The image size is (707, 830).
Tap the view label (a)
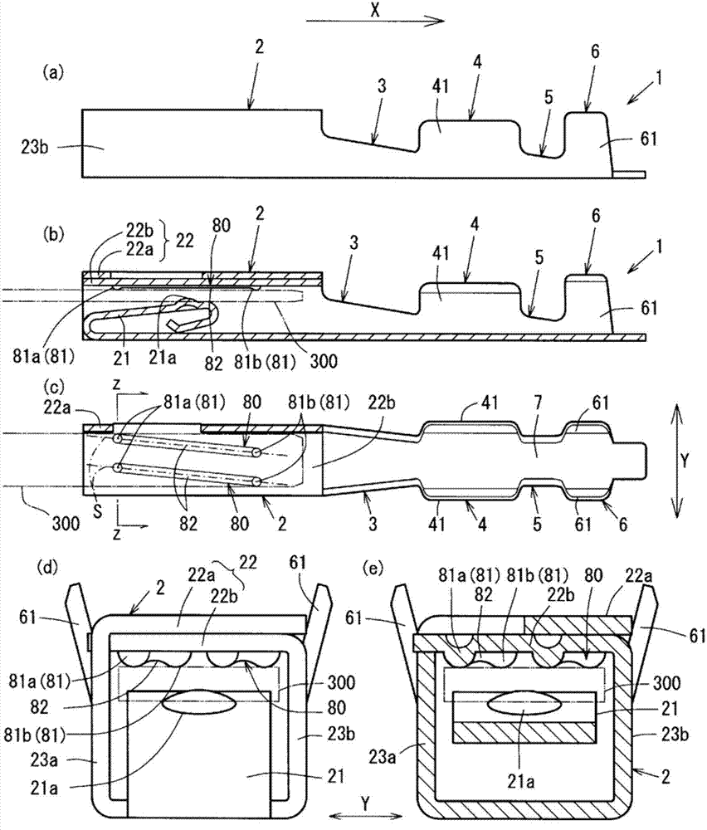[52, 73]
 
